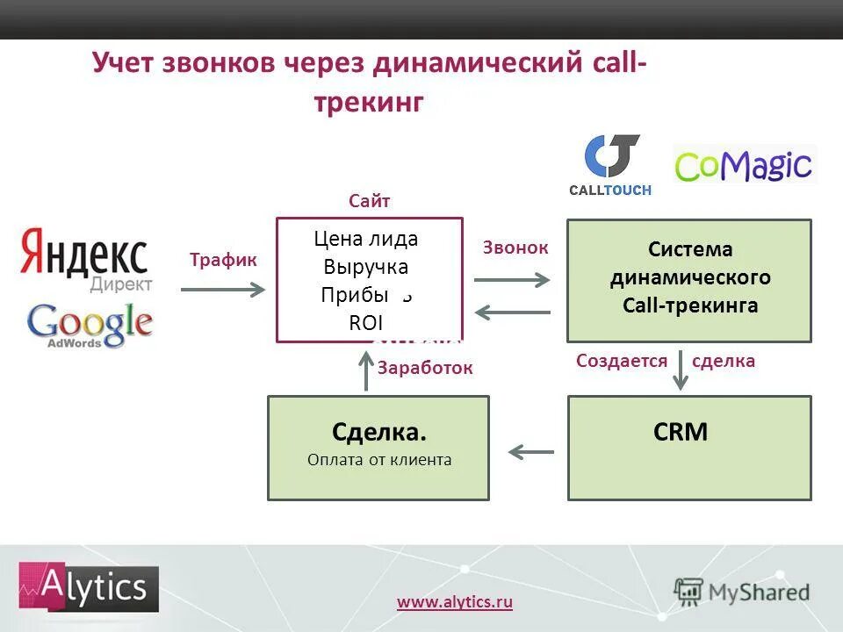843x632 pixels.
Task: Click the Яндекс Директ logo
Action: pyautogui.click(x=84, y=259)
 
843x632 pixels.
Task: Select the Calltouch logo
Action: pyautogui.click(x=612, y=165)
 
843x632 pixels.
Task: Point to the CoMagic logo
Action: pyautogui.click(x=745, y=165)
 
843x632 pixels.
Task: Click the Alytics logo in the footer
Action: pyautogui.click(x=89, y=588)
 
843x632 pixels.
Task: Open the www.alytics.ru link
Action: pyautogui.click(x=455, y=601)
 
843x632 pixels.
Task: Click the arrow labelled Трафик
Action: pyautogui.click(x=222, y=288)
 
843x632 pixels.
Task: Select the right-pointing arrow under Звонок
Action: pyautogui.click(x=511, y=280)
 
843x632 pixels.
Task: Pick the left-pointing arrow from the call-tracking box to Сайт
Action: pyautogui.click(x=511, y=310)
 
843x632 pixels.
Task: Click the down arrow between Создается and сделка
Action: pyautogui.click(x=680, y=370)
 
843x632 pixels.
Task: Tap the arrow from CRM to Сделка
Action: pyautogui.click(x=530, y=452)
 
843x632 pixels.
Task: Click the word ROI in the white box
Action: pyautogui.click(x=366, y=322)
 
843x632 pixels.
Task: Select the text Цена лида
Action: pyautogui.click(x=366, y=239)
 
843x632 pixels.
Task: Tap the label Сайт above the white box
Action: pyautogui.click(x=369, y=201)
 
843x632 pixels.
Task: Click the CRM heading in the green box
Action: pyautogui.click(x=681, y=432)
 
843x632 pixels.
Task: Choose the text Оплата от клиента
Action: pyautogui.click(x=379, y=459)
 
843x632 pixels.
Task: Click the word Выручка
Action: pyautogui.click(x=366, y=267)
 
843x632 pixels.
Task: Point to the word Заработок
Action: pyautogui.click(x=425, y=369)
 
